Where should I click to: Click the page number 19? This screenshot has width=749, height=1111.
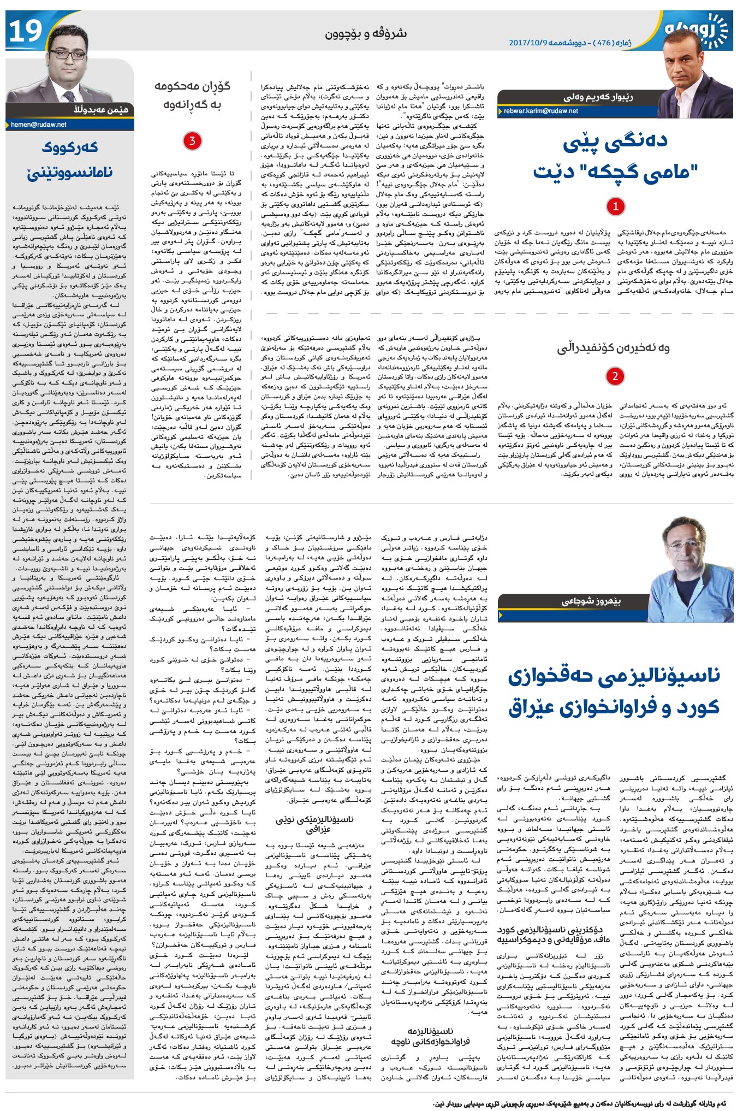pos(26,31)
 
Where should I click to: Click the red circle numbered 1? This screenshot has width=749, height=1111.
pos(616,206)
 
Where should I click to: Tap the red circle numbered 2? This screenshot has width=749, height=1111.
pos(615,376)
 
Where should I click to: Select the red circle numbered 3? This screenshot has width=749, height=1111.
pos(192,141)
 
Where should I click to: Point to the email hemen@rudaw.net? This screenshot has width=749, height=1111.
pos(38,125)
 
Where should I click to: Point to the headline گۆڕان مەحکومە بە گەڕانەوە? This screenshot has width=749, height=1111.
pos(192,95)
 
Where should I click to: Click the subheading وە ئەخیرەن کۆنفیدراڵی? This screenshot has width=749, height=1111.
pos(614,348)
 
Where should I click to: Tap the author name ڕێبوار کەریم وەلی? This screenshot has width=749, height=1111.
pos(598,97)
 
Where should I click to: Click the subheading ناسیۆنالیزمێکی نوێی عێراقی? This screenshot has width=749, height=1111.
pos(314,824)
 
